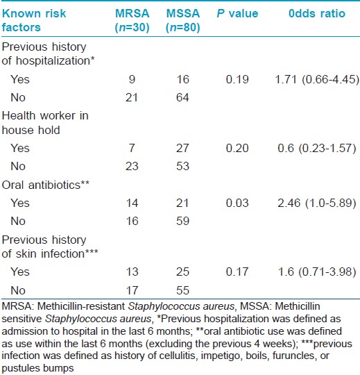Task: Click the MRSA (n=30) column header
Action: (x=132, y=20)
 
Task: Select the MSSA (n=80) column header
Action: (x=183, y=20)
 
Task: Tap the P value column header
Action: (x=237, y=14)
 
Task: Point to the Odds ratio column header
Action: (x=317, y=14)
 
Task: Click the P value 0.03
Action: (x=237, y=203)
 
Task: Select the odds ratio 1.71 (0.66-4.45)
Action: (x=317, y=79)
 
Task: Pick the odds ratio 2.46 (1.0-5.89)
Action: (x=317, y=203)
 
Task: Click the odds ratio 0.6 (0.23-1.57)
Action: (x=317, y=148)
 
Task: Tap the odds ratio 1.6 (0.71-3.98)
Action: (x=317, y=272)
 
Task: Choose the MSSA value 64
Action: (x=182, y=98)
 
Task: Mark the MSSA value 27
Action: (x=182, y=148)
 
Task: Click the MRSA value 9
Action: (x=132, y=79)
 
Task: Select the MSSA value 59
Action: (x=182, y=221)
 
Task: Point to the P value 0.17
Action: (x=237, y=272)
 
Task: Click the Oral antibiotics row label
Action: (x=46, y=185)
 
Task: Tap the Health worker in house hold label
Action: (x=45, y=123)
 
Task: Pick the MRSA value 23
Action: (x=132, y=166)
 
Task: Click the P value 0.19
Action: (x=237, y=79)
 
